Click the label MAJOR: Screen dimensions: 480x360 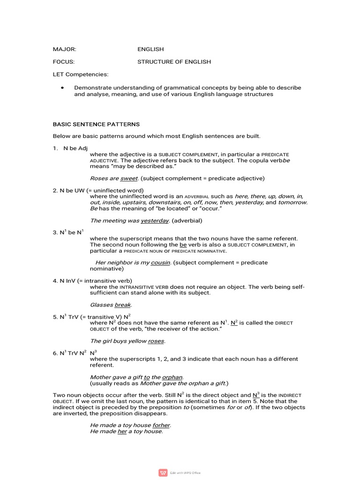pyautogui.click(x=64, y=49)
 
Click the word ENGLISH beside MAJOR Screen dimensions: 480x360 pyautogui.click(x=150, y=49)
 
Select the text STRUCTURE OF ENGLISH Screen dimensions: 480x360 pyautogui.click(x=174, y=61)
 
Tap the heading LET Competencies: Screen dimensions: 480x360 pyautogui.click(x=80, y=74)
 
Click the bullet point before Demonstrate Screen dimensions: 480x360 pyautogui.click(x=62, y=88)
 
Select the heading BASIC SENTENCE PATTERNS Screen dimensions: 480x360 pyautogui.click(x=96, y=124)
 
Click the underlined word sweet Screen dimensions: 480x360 pyautogui.click(x=129, y=178)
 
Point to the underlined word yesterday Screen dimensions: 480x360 pyautogui.click(x=155, y=220)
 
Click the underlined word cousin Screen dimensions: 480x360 pyautogui.click(x=160, y=262)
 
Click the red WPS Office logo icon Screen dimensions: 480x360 pyautogui.click(x=163, y=472)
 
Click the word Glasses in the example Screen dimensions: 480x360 pyautogui.click(x=101, y=305)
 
